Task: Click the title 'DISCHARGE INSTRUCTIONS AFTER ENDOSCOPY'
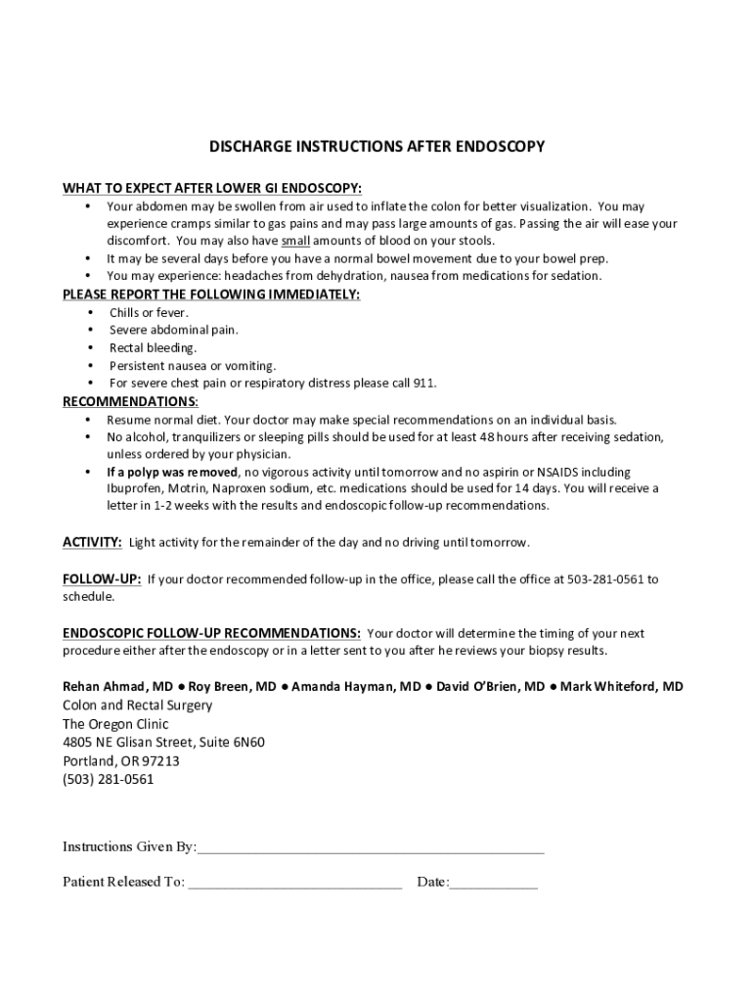click(376, 147)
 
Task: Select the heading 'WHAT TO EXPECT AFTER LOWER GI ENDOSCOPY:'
click(212, 187)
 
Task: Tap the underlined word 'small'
click(295, 241)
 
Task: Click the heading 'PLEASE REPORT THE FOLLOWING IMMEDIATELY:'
click(211, 295)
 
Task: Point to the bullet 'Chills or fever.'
click(149, 313)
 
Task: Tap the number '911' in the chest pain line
click(424, 383)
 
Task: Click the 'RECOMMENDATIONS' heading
click(130, 402)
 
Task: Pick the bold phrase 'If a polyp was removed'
click(172, 472)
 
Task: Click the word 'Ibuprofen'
click(134, 488)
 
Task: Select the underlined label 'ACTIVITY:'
click(93, 542)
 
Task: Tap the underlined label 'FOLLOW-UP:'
click(102, 579)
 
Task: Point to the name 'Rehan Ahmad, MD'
click(117, 687)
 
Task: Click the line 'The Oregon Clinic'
click(115, 724)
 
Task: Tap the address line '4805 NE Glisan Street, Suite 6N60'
click(163, 743)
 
